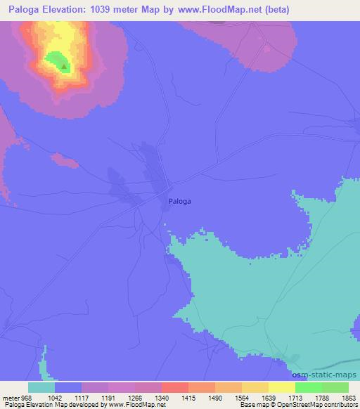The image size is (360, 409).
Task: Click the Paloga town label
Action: (x=180, y=201)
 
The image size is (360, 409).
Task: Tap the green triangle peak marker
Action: (x=64, y=67)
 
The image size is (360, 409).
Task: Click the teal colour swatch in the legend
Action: (x=41, y=387)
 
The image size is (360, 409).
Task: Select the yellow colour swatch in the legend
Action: (x=281, y=387)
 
